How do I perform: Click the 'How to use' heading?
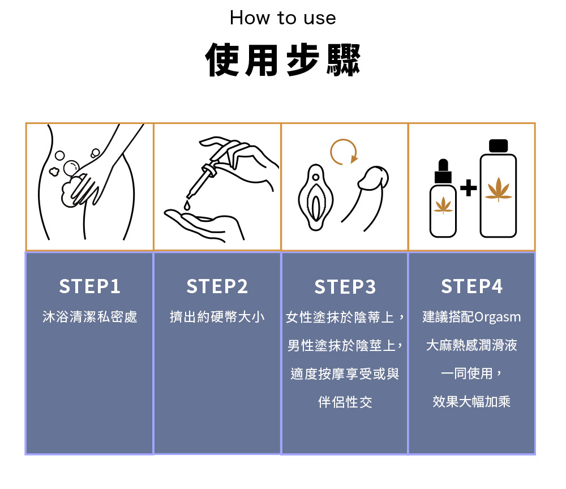click(x=282, y=18)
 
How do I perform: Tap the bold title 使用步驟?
click(x=282, y=60)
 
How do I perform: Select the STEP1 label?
click(x=89, y=286)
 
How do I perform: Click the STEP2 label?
click(x=217, y=286)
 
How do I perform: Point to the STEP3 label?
click(x=345, y=287)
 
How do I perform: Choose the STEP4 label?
click(x=472, y=286)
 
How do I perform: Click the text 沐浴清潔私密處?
click(x=90, y=316)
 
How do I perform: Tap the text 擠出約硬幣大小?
click(x=217, y=316)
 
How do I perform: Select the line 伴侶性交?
click(x=345, y=402)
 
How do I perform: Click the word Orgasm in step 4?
click(x=498, y=317)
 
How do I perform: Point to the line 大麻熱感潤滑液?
click(x=472, y=345)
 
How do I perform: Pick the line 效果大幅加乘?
click(x=472, y=401)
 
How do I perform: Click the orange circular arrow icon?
click(x=344, y=152)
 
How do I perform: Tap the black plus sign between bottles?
click(x=469, y=188)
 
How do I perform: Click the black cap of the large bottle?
click(x=499, y=146)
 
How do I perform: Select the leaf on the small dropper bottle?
click(x=443, y=205)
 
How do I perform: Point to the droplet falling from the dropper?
click(x=187, y=205)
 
